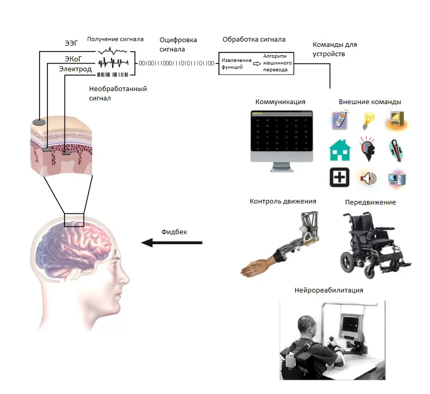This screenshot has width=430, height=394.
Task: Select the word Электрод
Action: pyautogui.click(x=75, y=69)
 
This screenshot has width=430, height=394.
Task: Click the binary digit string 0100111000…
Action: pyautogui.click(x=176, y=63)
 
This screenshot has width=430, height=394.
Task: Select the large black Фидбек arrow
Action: pyautogui.click(x=172, y=243)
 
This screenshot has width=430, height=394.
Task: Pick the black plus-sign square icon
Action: pyautogui.click(x=339, y=177)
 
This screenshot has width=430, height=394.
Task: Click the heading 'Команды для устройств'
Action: pyautogui.click(x=334, y=49)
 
